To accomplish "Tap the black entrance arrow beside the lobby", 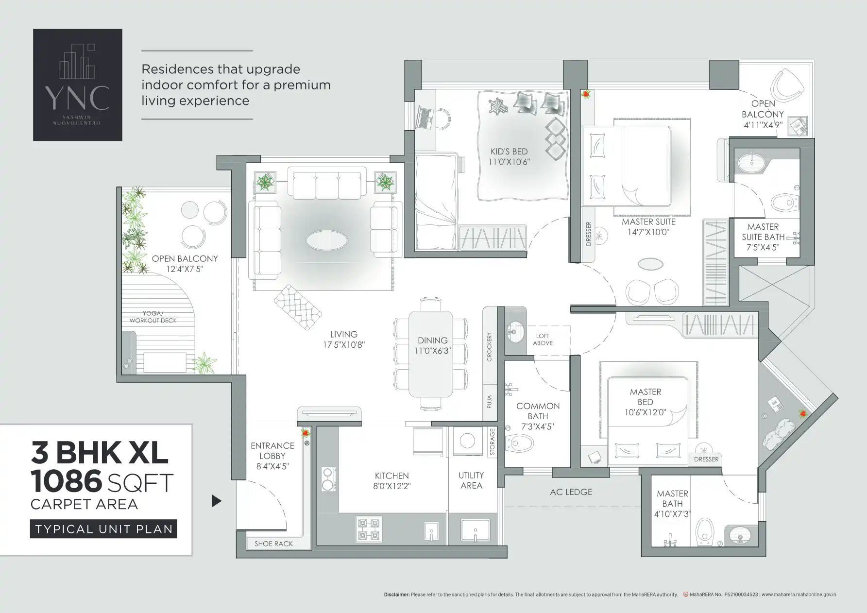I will pos(217,501).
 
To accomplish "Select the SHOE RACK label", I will pos(273,544).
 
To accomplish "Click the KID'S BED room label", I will pos(509,152).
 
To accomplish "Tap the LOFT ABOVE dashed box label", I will pos(543,339).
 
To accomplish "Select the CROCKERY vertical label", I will pos(489,347).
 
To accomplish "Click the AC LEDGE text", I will pos(571,492).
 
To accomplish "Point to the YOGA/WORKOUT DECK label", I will pos(153,317).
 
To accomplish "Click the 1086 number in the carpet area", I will pos(66,482).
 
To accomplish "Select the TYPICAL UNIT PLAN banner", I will pos(103,529).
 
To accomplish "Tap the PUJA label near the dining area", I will pos(489,401).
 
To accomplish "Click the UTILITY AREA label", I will pos(471,480).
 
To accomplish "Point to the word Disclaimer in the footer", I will pos(396,595).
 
